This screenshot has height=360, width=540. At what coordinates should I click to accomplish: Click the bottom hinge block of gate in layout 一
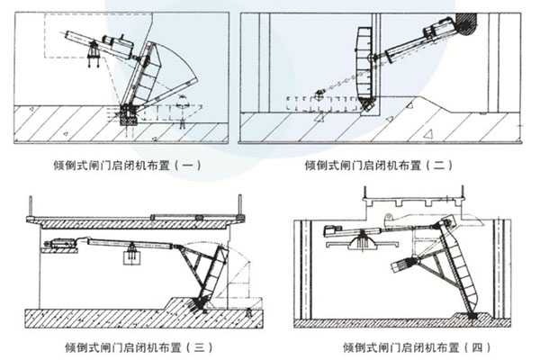pyautogui.click(x=129, y=114)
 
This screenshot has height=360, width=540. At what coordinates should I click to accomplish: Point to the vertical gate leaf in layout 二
pyautogui.click(x=364, y=63)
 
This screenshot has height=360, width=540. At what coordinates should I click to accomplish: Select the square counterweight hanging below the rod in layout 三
pyautogui.click(x=129, y=257)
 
